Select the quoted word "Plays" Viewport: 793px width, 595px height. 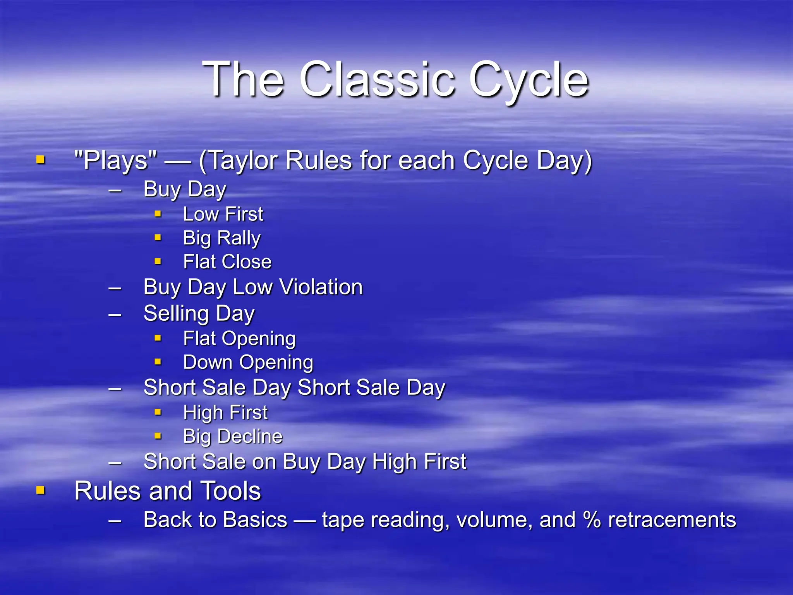coord(116,160)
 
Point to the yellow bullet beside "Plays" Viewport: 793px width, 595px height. coord(41,159)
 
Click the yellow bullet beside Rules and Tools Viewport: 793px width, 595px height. coord(41,490)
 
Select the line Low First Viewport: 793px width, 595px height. coord(223,214)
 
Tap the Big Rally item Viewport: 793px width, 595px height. coord(222,238)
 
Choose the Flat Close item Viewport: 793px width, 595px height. coord(227,262)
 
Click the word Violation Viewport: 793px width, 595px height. coord(321,287)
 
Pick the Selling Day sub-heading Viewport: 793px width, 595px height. coord(199,313)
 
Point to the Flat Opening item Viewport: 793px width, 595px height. coord(239,339)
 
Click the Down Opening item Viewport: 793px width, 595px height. coord(248,363)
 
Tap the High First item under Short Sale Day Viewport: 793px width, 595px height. coord(225,413)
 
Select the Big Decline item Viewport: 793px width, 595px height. coord(233,437)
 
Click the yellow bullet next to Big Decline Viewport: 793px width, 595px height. coord(158,436)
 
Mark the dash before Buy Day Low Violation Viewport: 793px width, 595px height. coord(115,288)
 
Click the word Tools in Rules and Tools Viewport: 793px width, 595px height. coord(231,491)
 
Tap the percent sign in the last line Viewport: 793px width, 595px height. coord(592,520)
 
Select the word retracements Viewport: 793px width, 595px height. coord(672,520)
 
